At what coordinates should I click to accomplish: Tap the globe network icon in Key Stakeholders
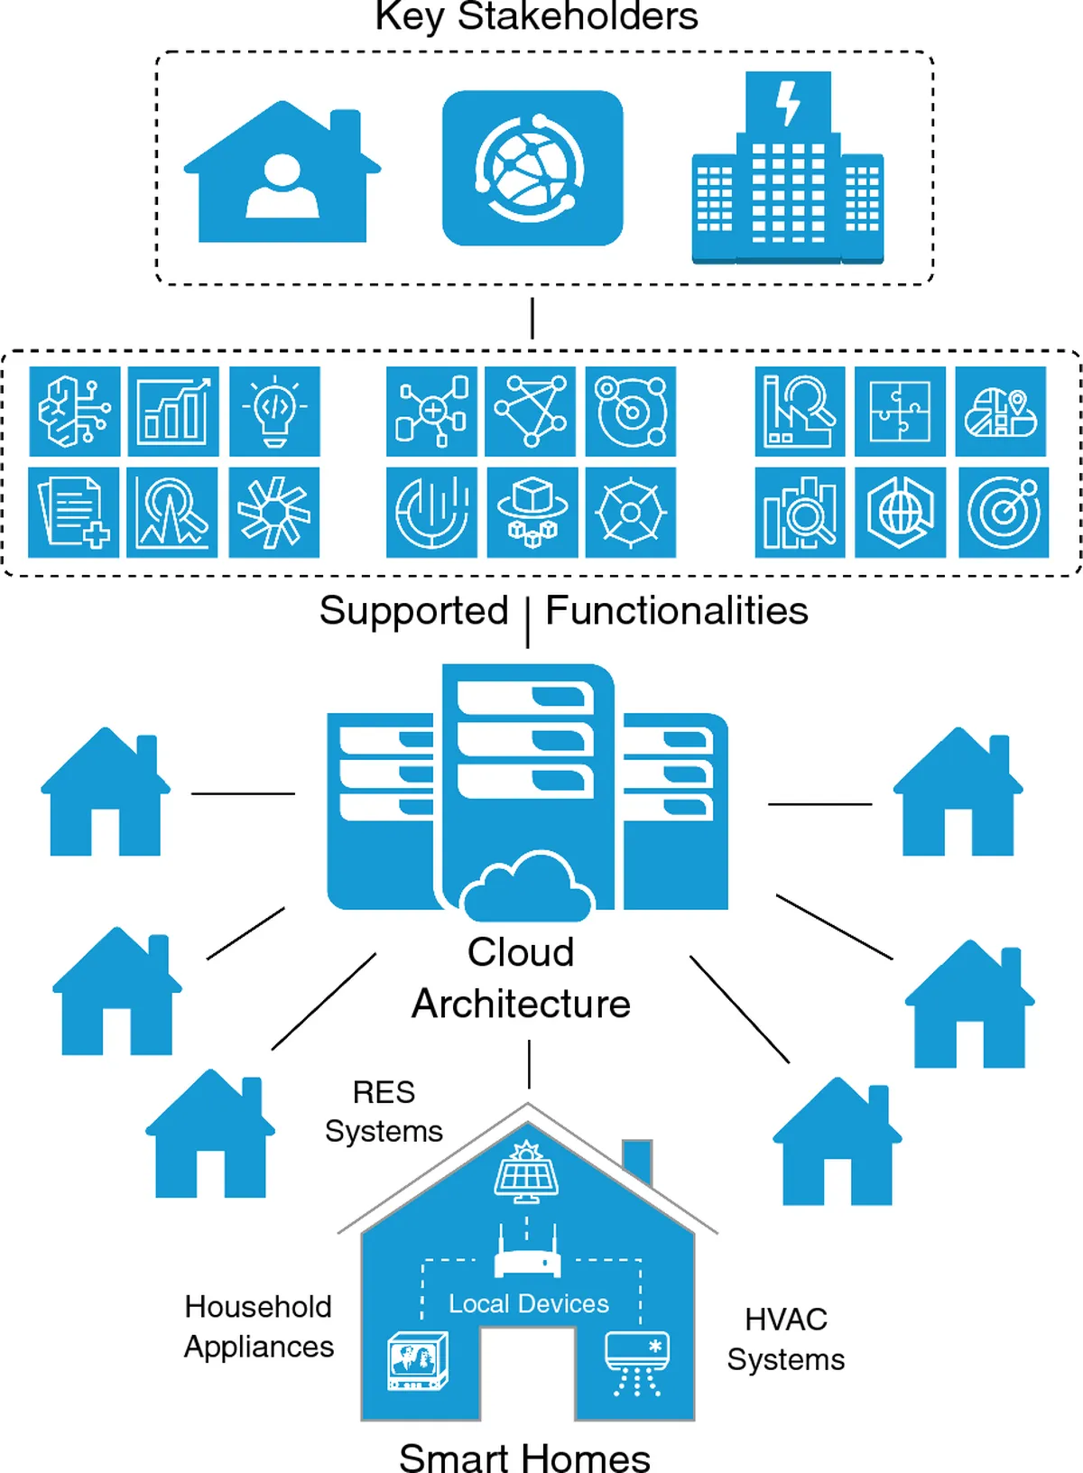coord(532,168)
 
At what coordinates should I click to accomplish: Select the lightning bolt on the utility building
coord(788,103)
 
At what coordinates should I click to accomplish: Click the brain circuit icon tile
coord(75,412)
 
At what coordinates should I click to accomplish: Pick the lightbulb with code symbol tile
coord(274,412)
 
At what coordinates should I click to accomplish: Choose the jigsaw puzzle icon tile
coord(900,412)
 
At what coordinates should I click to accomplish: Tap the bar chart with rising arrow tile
coord(173,412)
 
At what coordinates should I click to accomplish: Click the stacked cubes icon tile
coord(532,512)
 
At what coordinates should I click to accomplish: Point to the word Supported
coord(413,611)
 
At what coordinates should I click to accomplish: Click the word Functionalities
coord(677,611)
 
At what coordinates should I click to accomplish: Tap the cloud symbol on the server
coord(528,885)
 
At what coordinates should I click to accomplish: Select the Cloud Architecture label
coord(521,978)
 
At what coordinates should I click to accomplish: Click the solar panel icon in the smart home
coord(526,1172)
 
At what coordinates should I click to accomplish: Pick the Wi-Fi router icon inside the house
coord(528,1255)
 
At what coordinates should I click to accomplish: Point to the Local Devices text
coord(529,1304)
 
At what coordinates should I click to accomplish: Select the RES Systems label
coord(384,1112)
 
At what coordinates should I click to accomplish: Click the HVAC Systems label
coord(786,1339)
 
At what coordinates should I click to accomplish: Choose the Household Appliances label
coord(259,1327)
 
